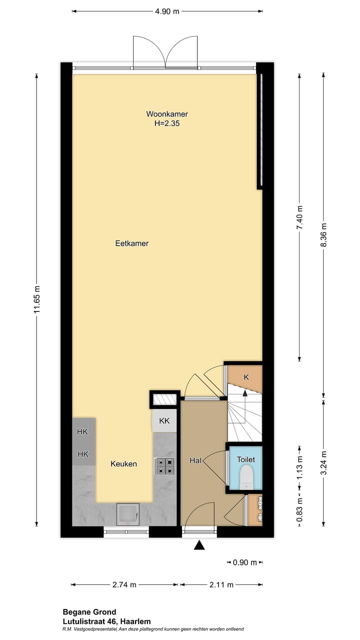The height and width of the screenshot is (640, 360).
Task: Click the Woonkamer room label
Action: [167, 114]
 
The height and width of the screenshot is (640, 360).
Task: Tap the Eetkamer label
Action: [132, 243]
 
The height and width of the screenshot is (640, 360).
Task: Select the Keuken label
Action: [123, 464]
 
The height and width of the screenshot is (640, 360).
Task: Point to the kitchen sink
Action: [128, 514]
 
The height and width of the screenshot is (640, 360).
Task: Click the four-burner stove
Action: [164, 466]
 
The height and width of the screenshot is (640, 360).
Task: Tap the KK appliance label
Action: [164, 421]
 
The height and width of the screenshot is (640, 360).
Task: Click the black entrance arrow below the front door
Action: [199, 545]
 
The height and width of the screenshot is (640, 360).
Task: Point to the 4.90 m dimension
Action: [167, 11]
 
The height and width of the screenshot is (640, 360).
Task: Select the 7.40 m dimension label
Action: [300, 217]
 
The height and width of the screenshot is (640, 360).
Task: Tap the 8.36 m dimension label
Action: [323, 233]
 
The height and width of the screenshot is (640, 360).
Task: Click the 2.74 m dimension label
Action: [124, 584]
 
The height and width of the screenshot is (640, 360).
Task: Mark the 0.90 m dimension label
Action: [245, 562]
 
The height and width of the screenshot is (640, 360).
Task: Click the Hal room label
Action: [195, 460]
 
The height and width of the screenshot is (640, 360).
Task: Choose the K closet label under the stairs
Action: [246, 377]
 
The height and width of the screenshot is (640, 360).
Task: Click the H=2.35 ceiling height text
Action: [167, 122]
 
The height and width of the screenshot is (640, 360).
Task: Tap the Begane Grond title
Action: [89, 611]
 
